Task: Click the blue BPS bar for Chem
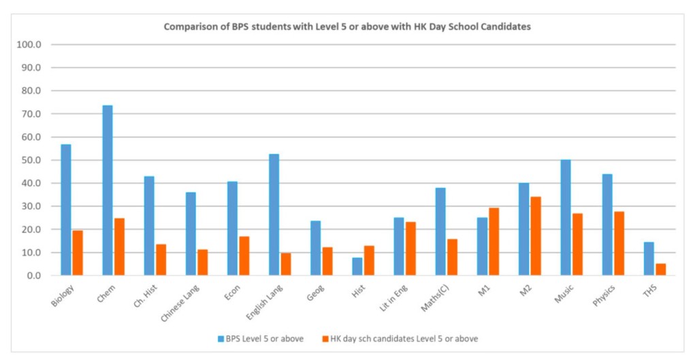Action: (108, 191)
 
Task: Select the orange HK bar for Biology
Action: (78, 252)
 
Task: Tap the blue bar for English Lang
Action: (274, 214)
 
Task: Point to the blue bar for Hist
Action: (357, 266)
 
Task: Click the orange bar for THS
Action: (660, 269)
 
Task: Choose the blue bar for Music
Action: (566, 217)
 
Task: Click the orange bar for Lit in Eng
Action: (410, 248)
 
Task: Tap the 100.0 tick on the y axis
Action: (32, 45)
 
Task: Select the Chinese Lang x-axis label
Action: (178, 303)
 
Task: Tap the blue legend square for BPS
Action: (221, 338)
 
